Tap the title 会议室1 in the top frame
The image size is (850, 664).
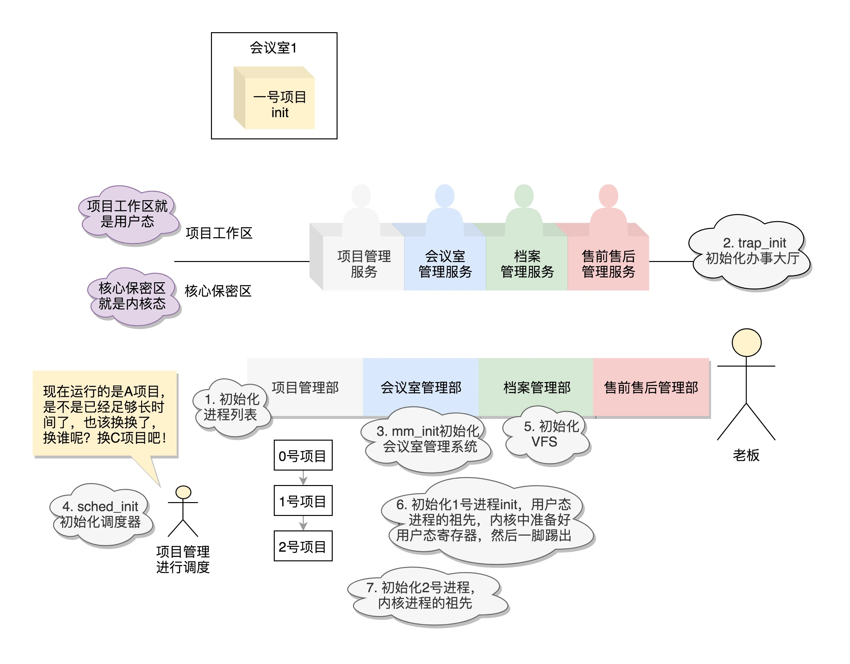coord(273,48)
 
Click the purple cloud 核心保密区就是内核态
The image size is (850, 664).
coord(132,296)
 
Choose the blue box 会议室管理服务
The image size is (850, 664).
coord(445,264)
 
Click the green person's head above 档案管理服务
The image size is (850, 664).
coord(523,196)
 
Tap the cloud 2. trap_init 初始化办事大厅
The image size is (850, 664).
coord(751,251)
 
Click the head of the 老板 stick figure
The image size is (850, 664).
coord(746,343)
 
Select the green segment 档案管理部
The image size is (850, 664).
coord(536,388)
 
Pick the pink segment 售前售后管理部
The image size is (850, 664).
coord(651,388)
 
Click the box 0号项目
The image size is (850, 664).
coord(303,455)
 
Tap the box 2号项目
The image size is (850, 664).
coord(303,546)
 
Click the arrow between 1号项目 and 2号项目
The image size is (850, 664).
coord(303,523)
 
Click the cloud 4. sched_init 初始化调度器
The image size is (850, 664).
coord(100,514)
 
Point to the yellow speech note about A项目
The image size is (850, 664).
coord(105,414)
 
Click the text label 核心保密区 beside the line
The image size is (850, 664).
coord(218,291)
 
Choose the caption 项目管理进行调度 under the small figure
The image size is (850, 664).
coord(183,559)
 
